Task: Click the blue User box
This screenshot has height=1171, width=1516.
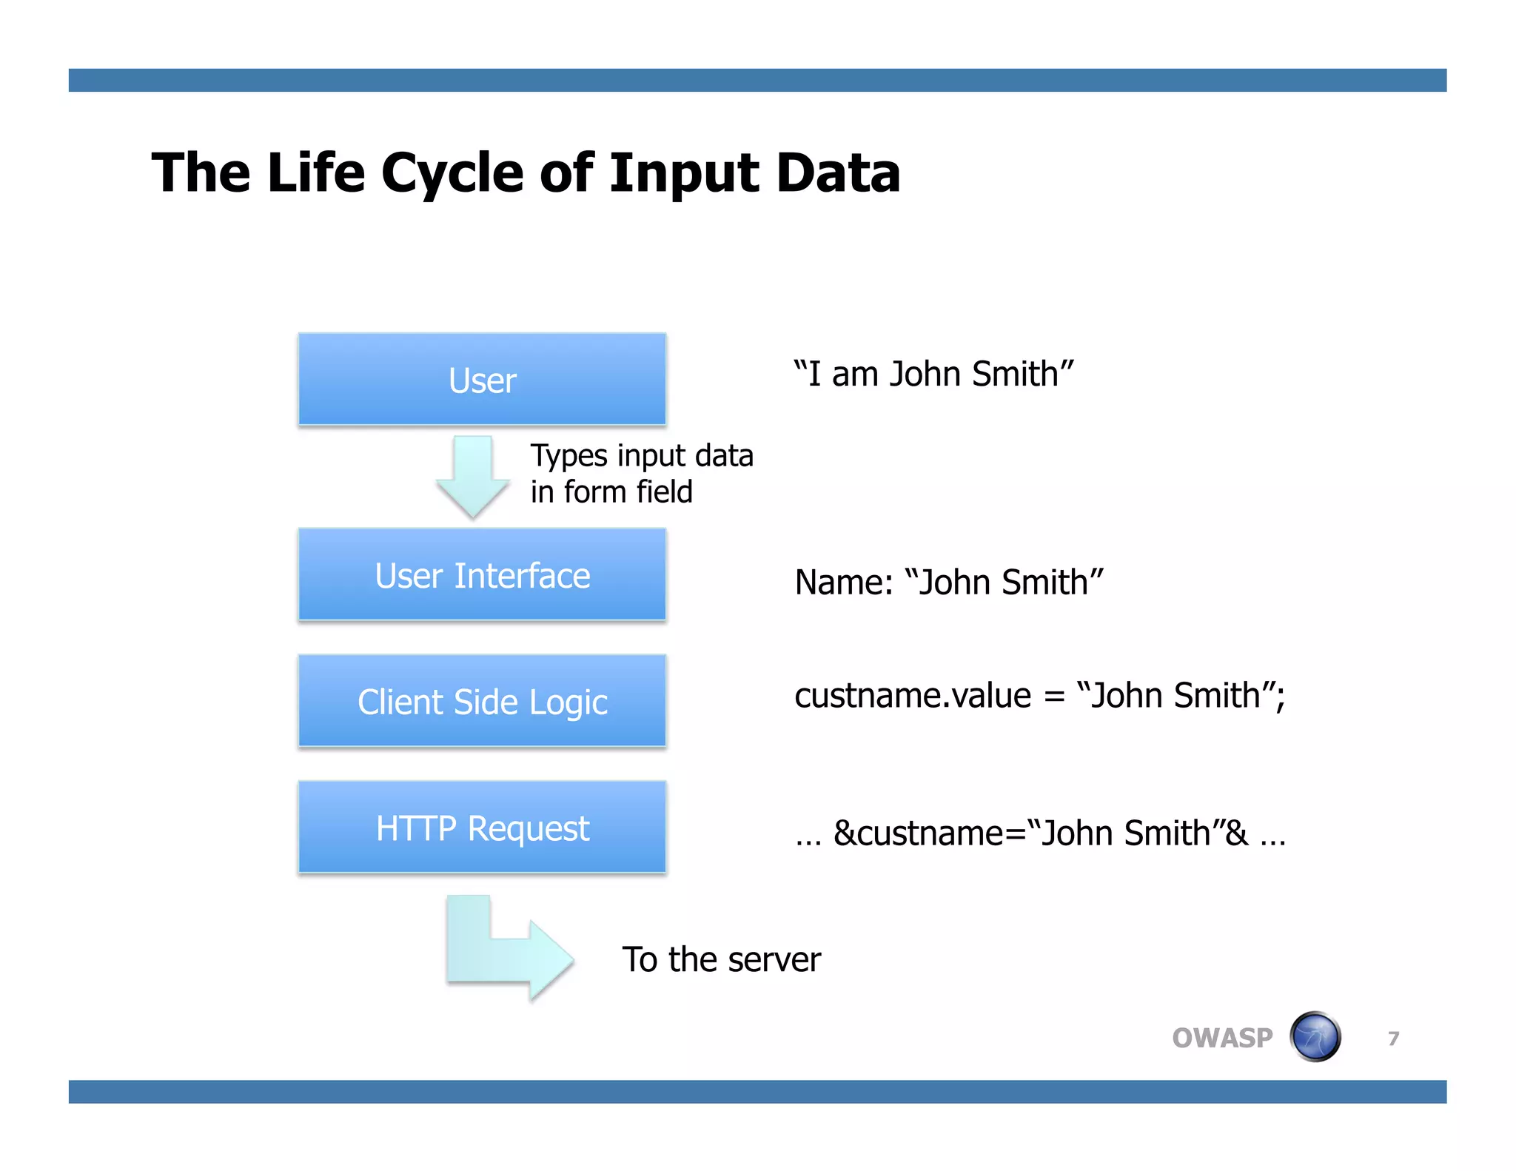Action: point(482,380)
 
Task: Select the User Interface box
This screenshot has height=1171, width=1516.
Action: point(482,575)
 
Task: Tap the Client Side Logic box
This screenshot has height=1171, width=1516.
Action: point(482,701)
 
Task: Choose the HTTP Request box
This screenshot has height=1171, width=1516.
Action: point(482,828)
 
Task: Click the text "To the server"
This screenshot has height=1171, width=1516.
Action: point(721,959)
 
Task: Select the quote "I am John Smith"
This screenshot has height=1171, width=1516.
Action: point(933,374)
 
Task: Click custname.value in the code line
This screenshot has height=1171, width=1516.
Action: point(912,696)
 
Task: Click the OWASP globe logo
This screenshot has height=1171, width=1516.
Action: point(1315,1037)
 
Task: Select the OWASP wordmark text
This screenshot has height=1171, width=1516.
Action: point(1222,1038)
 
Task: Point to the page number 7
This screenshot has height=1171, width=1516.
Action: point(1393,1039)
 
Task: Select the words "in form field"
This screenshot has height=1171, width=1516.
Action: point(611,492)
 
